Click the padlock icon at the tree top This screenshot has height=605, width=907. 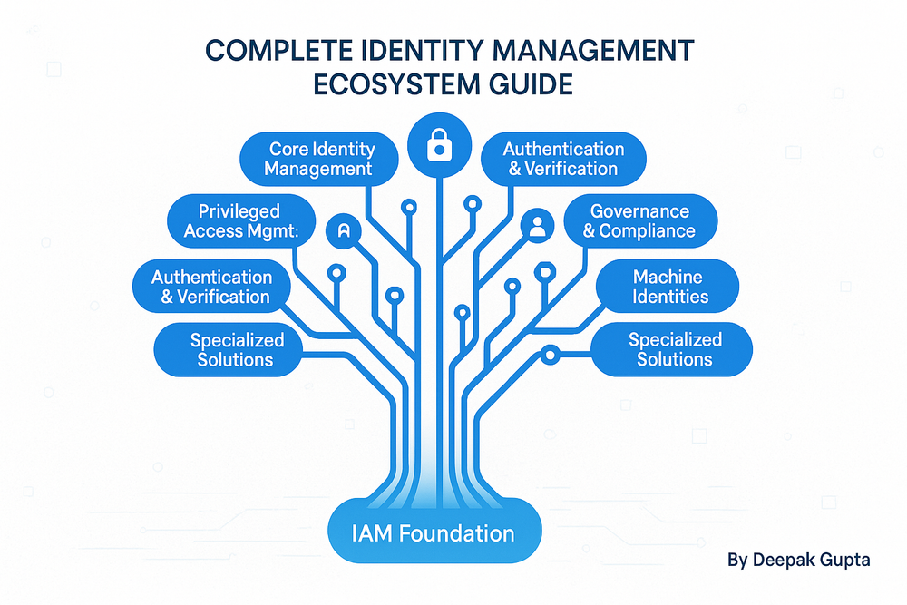click(439, 143)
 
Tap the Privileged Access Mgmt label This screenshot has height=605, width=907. click(240, 220)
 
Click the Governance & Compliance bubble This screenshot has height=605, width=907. click(639, 220)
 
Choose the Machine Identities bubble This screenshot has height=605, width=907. click(669, 286)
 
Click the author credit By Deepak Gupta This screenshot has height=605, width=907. click(798, 560)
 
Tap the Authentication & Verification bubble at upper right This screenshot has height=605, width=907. click(562, 159)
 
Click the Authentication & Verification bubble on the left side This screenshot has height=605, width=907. click(212, 286)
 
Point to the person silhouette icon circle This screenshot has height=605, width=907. click(537, 226)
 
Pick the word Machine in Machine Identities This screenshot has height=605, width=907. click(668, 276)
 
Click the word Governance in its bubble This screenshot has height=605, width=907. click(639, 210)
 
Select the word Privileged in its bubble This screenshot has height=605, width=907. click(240, 211)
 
